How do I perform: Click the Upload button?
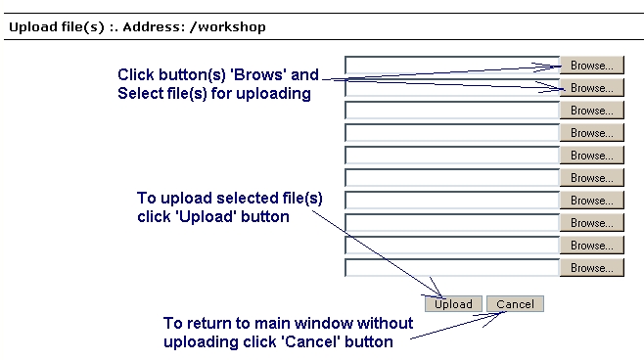[x=453, y=304]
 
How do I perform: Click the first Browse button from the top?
[x=592, y=66]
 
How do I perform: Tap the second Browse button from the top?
[x=592, y=88]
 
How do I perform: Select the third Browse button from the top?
[x=592, y=111]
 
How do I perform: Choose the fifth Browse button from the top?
[x=592, y=156]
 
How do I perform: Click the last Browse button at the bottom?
[x=592, y=268]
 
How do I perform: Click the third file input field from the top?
[x=452, y=111]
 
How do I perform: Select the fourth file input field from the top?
[x=452, y=133]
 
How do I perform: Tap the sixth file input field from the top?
[x=452, y=178]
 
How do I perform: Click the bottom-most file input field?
[x=452, y=268]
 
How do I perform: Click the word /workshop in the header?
[x=228, y=27]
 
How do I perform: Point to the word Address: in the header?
[x=154, y=27]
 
